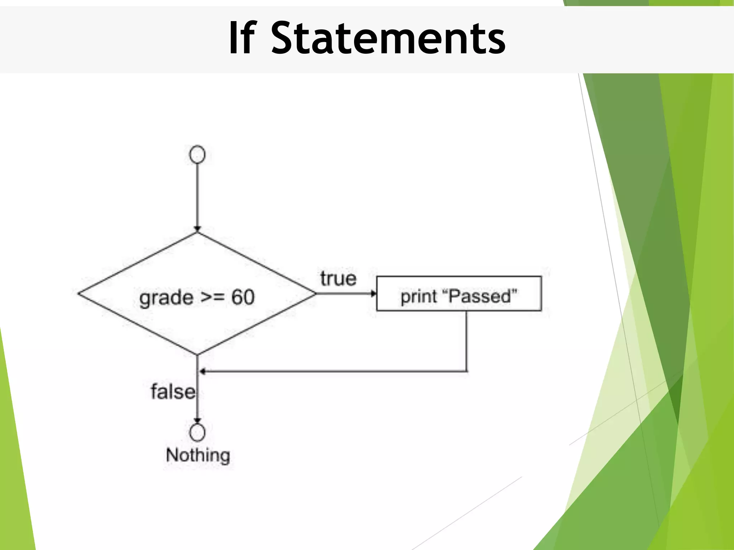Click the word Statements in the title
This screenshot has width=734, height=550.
click(x=388, y=38)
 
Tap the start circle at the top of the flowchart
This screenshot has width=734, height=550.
click(x=197, y=155)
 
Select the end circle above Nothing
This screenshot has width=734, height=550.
click(x=197, y=432)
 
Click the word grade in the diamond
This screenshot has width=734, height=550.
click(x=166, y=298)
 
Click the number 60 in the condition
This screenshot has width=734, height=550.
click(x=243, y=297)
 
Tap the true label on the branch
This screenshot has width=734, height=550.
click(x=338, y=279)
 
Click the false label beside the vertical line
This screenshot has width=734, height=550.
click(x=173, y=391)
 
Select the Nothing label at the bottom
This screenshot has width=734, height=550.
click(x=198, y=455)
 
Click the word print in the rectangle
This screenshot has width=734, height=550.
click(x=419, y=297)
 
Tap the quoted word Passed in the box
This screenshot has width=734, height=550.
click(x=480, y=296)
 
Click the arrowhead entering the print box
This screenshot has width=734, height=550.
click(x=373, y=294)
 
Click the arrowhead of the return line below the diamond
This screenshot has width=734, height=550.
click(x=202, y=372)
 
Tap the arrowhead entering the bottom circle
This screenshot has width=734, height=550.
click(x=197, y=421)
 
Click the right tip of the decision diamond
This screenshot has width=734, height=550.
click(x=315, y=294)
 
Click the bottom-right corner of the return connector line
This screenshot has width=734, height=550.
click(x=467, y=371)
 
